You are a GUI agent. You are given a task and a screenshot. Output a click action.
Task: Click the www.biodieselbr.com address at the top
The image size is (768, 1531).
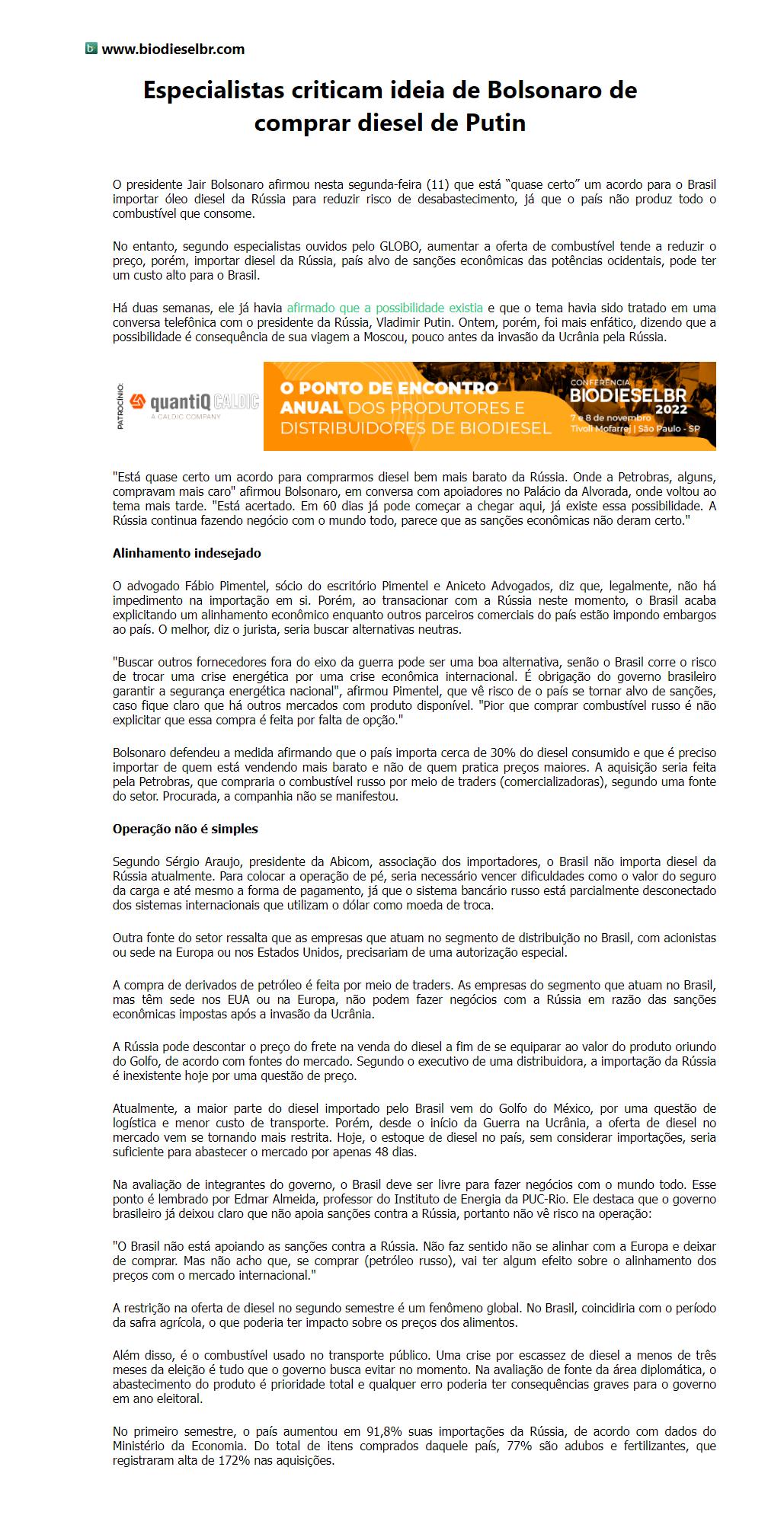pyautogui.click(x=173, y=50)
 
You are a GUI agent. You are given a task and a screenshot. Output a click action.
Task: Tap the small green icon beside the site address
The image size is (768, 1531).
pyautogui.click(x=91, y=49)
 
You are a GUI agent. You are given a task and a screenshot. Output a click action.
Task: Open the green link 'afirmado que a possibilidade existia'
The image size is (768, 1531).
pyautogui.click(x=385, y=308)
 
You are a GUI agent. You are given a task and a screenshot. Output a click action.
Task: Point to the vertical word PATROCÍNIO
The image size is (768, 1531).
pyautogui.click(x=120, y=406)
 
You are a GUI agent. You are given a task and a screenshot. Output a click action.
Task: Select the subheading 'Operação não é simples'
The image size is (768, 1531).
pyautogui.click(x=185, y=829)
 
